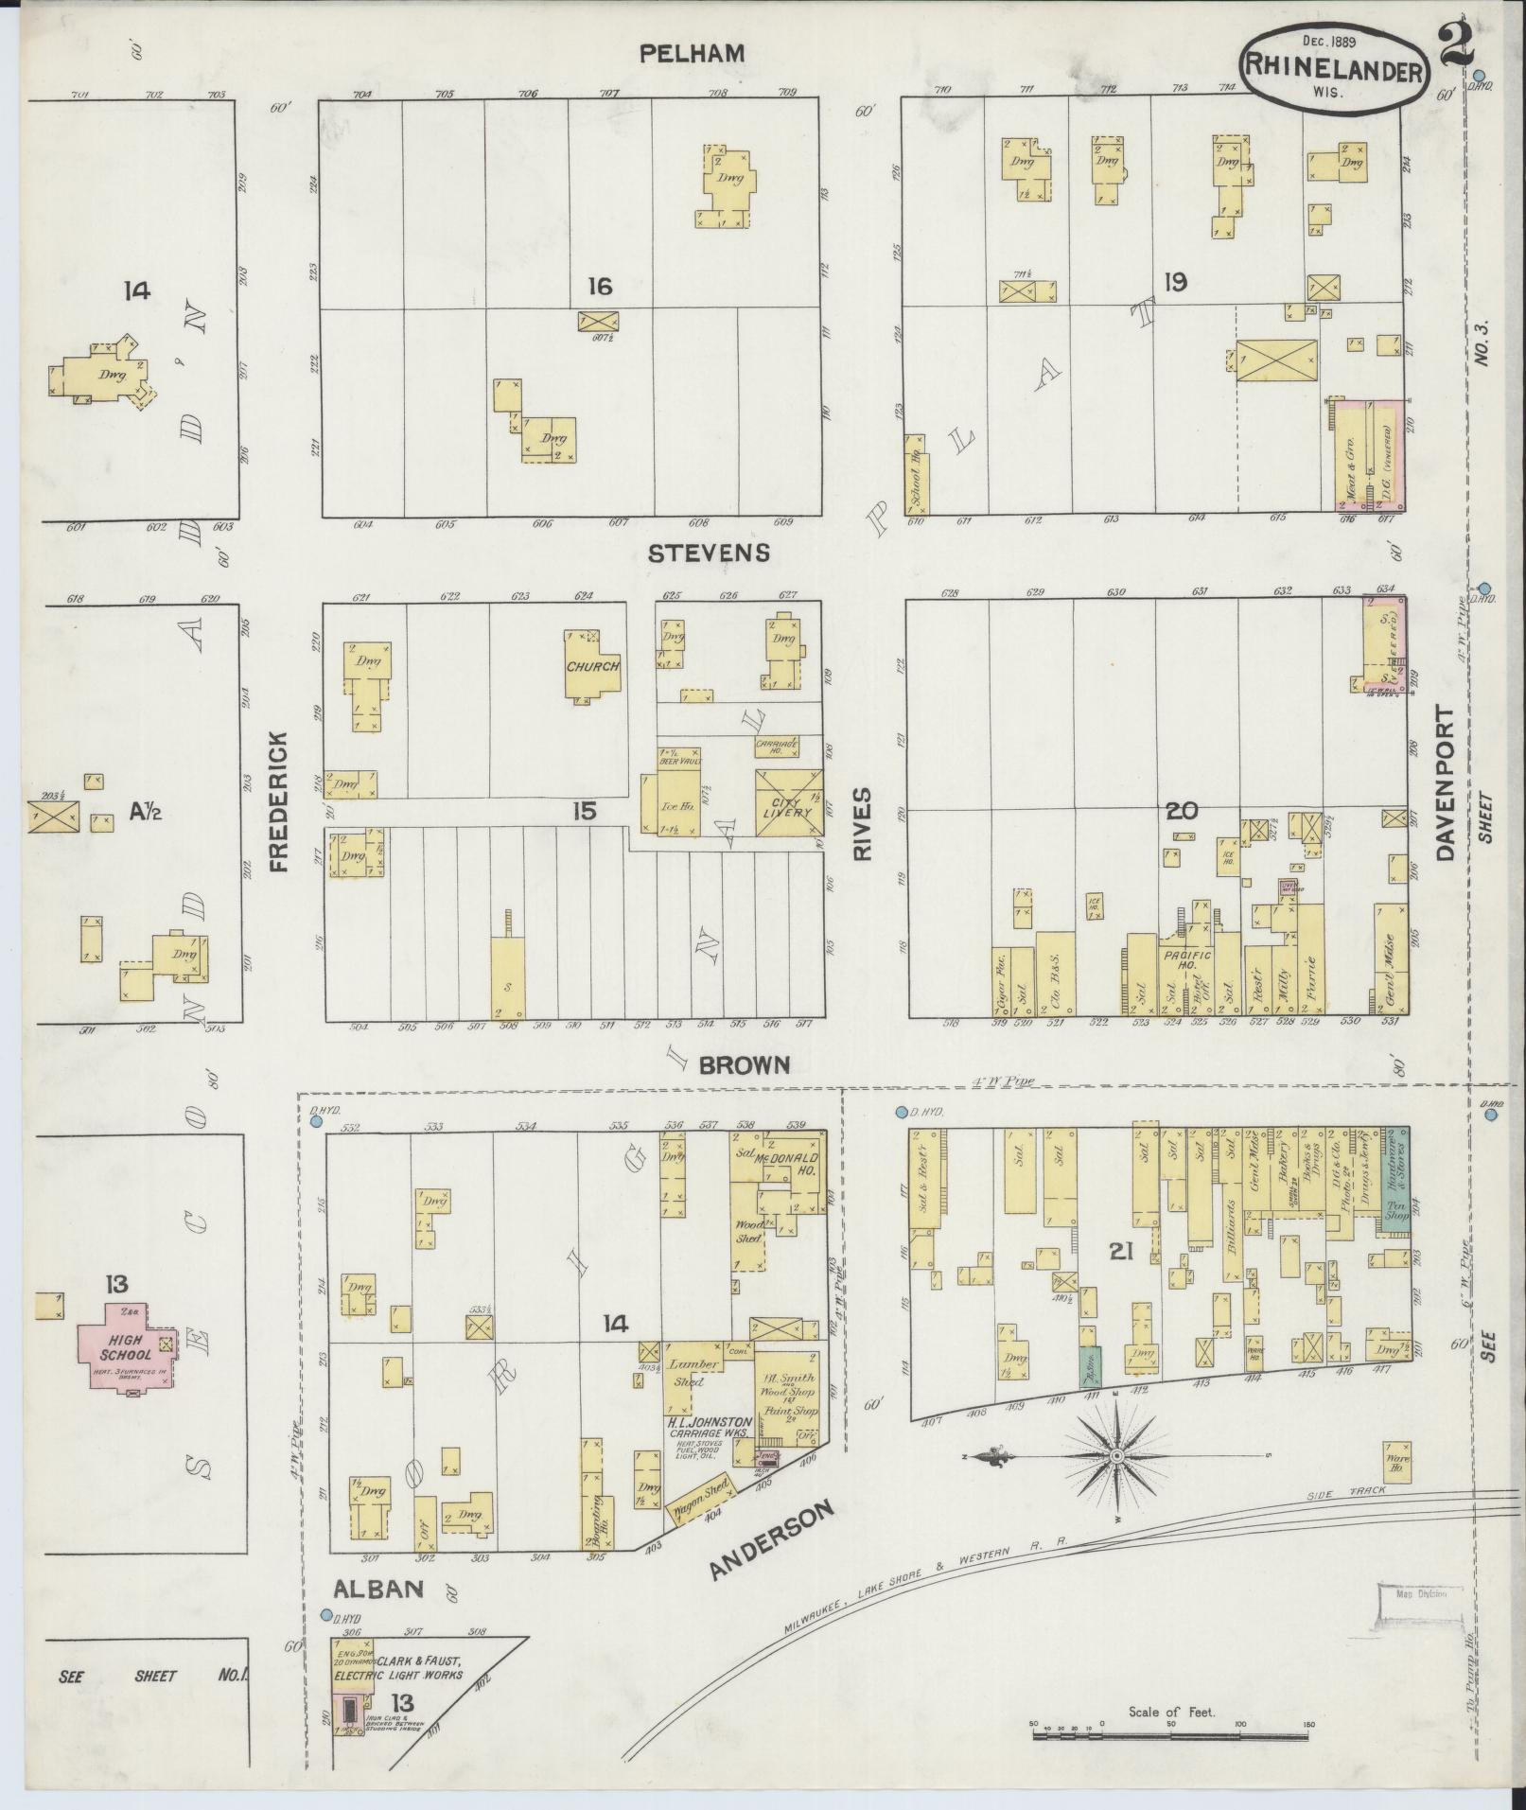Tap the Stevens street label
click(x=708, y=553)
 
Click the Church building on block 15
click(x=592, y=665)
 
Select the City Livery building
click(x=788, y=802)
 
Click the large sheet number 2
click(x=1457, y=44)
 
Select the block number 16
click(x=599, y=285)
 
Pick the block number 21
click(x=1121, y=1252)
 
